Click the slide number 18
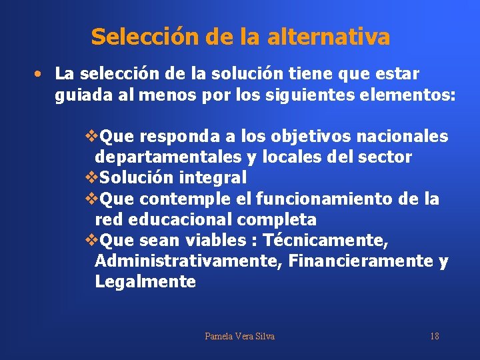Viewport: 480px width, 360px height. pos(434,336)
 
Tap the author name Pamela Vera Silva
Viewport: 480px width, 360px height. pos(239,336)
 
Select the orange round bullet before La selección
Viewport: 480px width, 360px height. pos(41,73)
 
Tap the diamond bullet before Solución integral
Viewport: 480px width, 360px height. pos(92,178)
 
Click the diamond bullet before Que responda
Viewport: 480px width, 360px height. pos(92,137)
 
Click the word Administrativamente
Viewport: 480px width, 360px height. pos(189,261)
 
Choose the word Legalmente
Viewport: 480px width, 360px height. pos(145,281)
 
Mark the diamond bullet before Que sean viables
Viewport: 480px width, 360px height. pos(92,240)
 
